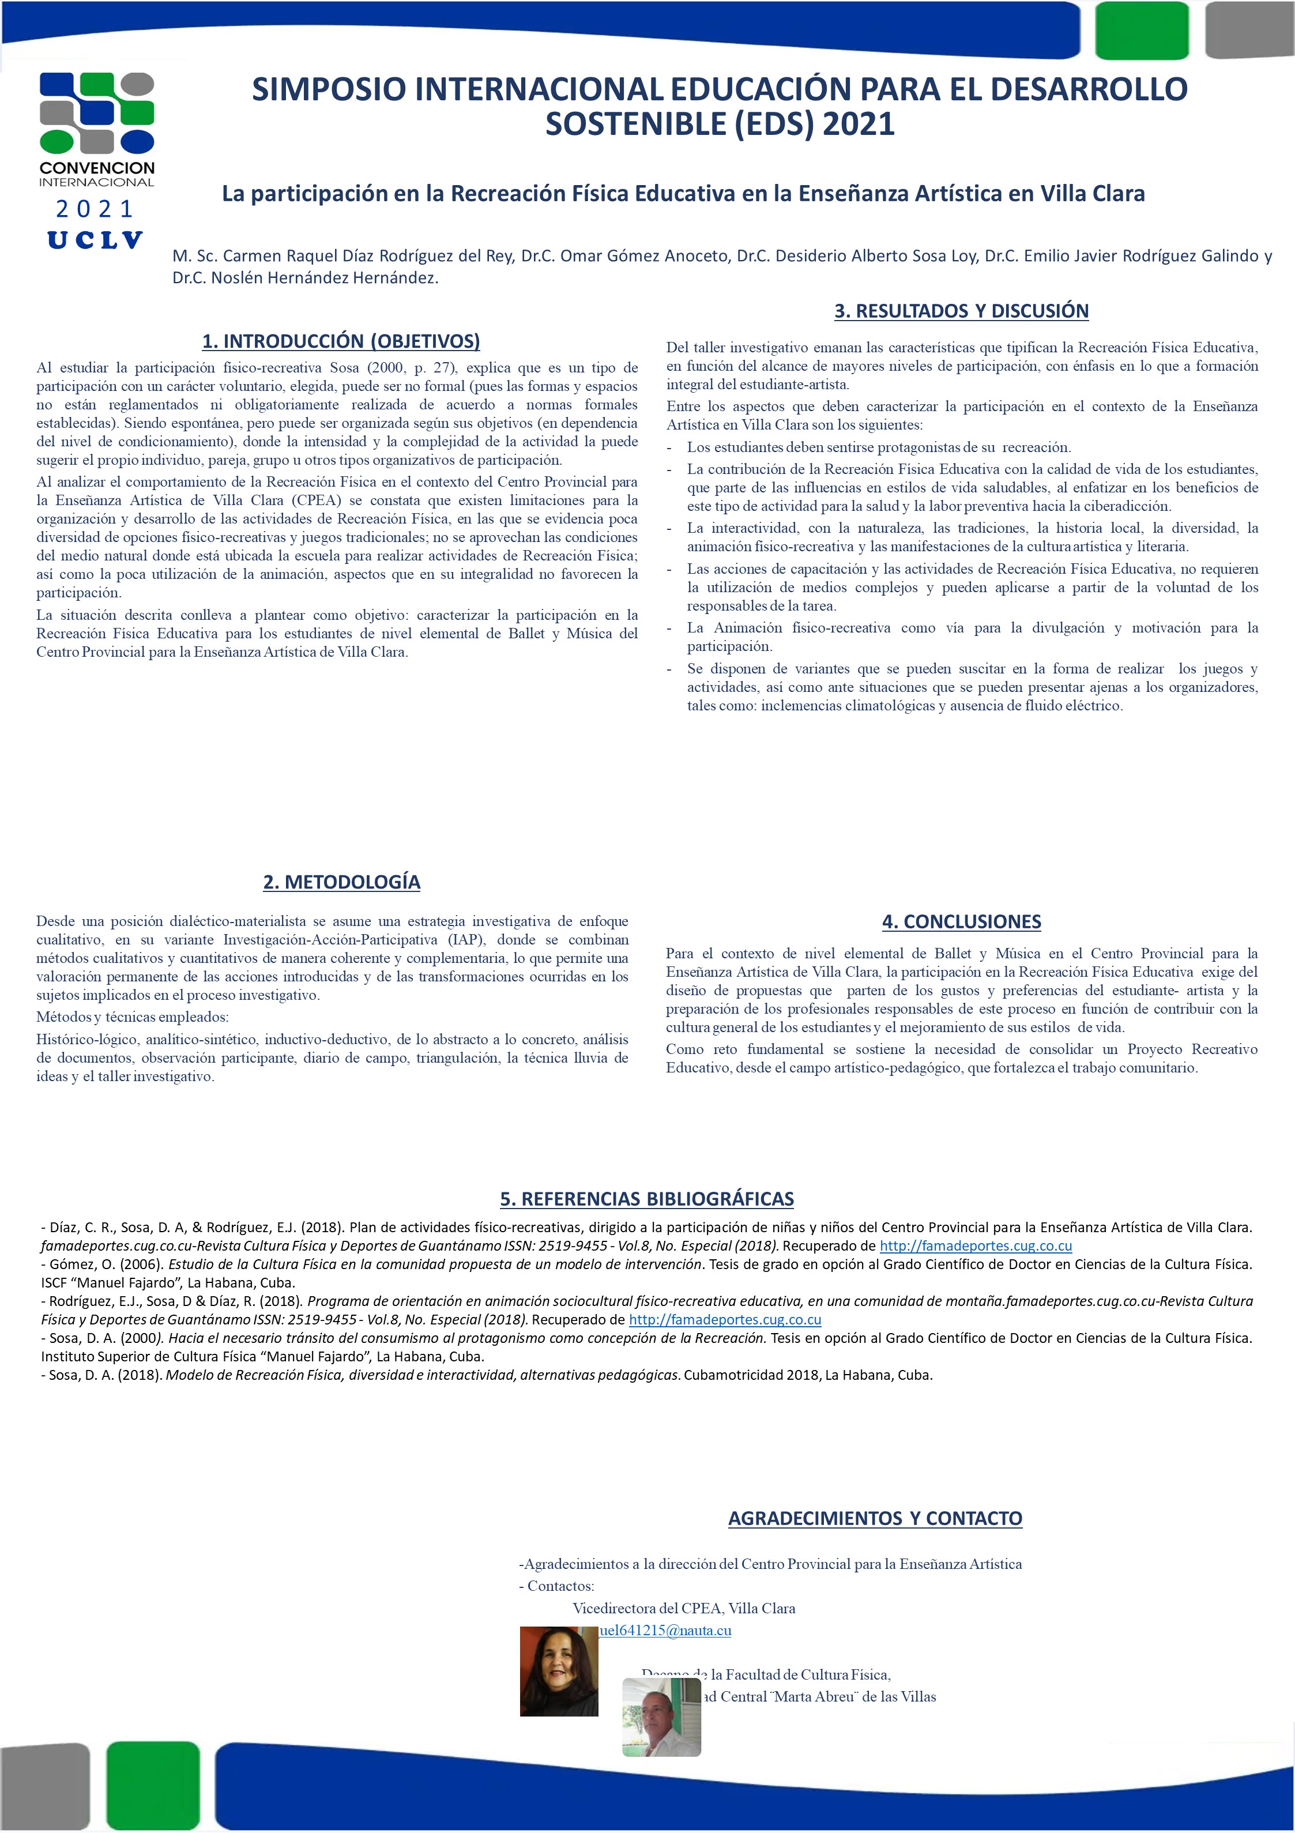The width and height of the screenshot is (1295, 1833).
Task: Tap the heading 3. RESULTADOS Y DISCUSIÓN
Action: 961,311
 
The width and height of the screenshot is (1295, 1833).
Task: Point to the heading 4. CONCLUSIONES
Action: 961,921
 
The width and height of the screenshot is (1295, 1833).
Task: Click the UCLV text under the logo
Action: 95,240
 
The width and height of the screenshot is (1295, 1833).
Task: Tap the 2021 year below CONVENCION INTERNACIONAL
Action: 95,209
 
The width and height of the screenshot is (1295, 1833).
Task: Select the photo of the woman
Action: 558,1671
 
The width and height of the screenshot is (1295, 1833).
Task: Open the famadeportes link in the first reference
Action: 976,1245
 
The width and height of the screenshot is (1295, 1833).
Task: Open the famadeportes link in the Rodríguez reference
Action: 725,1320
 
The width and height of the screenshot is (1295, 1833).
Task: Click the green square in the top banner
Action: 1141,31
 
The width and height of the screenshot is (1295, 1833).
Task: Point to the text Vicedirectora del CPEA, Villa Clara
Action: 683,1608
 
